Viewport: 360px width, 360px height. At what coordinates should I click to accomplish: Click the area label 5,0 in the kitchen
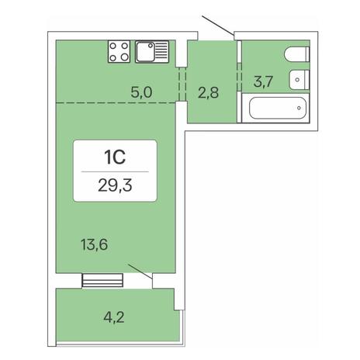[141, 92]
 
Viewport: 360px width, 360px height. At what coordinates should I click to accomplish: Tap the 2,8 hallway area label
[208, 92]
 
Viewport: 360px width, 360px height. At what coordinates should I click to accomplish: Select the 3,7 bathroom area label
[263, 81]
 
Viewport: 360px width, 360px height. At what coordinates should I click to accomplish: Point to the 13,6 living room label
[94, 244]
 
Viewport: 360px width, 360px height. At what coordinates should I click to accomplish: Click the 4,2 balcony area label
[114, 317]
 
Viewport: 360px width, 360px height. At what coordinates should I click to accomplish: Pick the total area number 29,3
[115, 185]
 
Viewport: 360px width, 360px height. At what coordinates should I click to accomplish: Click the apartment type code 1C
[115, 157]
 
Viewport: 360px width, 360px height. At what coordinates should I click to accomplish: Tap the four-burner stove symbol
[119, 52]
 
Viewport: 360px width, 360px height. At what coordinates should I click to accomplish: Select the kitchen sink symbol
[152, 52]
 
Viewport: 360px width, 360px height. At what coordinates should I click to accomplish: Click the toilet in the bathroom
[297, 54]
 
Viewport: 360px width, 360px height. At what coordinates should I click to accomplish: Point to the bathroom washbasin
[299, 80]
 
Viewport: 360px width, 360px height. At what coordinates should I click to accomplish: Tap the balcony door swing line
[140, 272]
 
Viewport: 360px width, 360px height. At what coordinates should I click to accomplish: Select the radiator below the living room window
[102, 280]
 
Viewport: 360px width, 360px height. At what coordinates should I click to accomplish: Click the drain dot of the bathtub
[299, 108]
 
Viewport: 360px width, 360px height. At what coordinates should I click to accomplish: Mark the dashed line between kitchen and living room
[116, 102]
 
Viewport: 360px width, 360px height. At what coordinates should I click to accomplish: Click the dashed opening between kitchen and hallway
[182, 84]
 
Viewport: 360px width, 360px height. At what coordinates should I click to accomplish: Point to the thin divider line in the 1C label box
[115, 171]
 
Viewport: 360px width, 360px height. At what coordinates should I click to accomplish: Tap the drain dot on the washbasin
[297, 80]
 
